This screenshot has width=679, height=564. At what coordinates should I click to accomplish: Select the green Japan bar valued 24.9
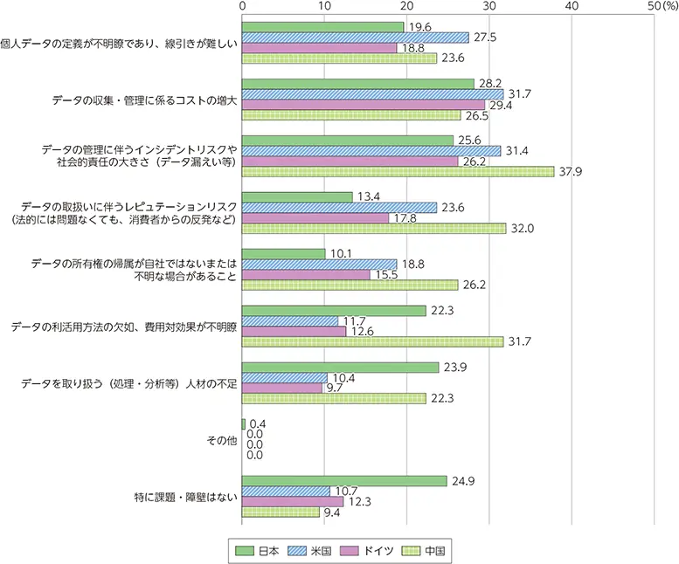click(344, 481)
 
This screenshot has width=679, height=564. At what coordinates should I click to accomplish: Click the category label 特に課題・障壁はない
click(183, 498)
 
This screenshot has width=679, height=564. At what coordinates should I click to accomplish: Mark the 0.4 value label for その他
click(258, 423)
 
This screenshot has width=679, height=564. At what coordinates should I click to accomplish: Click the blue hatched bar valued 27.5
click(356, 38)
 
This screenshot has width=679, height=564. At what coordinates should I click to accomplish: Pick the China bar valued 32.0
click(374, 228)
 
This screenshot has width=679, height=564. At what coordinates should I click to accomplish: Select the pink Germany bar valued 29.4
click(364, 105)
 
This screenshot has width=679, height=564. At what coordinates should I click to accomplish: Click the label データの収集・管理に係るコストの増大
click(144, 100)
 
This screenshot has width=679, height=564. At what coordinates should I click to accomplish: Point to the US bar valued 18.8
click(319, 264)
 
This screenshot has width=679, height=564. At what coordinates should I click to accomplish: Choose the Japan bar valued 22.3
click(334, 310)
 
